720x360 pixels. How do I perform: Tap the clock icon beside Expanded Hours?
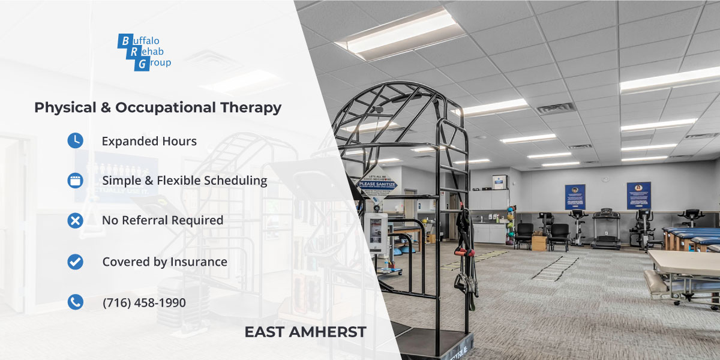pos(75,140)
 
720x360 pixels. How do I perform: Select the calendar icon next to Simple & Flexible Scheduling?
pos(75,180)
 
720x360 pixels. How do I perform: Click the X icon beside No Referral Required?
pos(75,220)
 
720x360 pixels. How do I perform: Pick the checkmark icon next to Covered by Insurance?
pos(75,262)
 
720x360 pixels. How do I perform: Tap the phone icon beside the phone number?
pos(75,302)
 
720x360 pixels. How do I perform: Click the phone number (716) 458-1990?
pos(144,303)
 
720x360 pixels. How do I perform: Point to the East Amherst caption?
pos(305,332)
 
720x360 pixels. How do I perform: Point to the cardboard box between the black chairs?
pos(539,242)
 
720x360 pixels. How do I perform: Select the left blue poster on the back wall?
pos(575,196)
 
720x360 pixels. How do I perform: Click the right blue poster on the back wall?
pos(638,196)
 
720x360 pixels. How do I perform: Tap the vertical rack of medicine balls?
pos(511,225)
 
